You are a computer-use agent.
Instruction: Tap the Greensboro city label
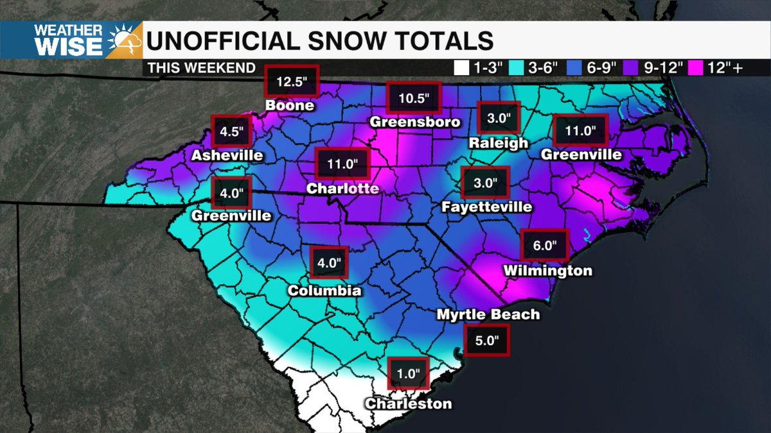coord(415,122)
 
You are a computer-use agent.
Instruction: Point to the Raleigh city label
coord(498,142)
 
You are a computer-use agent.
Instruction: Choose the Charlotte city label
coord(342,189)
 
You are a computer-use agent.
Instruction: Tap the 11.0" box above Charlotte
coord(342,163)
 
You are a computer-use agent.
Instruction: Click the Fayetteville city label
coord(486,207)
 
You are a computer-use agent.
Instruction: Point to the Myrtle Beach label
coord(488,314)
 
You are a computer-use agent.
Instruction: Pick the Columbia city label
coord(324,291)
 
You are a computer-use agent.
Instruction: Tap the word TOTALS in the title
coord(429,40)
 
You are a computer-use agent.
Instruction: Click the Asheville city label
coord(227,155)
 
